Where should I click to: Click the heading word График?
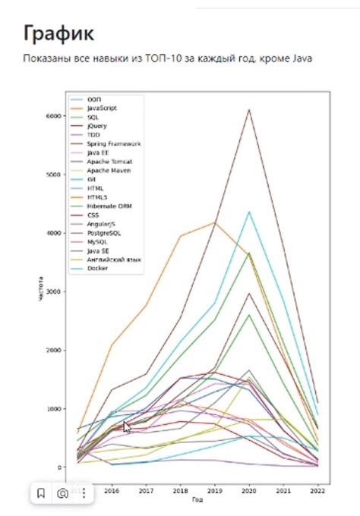coord(59,33)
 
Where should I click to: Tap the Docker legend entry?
coord(97,268)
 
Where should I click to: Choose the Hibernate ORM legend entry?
coord(108,206)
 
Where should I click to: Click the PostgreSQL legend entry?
coord(103,232)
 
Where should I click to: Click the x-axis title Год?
coord(197,500)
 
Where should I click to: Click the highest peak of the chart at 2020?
coord(249,110)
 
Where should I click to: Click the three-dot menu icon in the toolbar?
coord(84,493)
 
